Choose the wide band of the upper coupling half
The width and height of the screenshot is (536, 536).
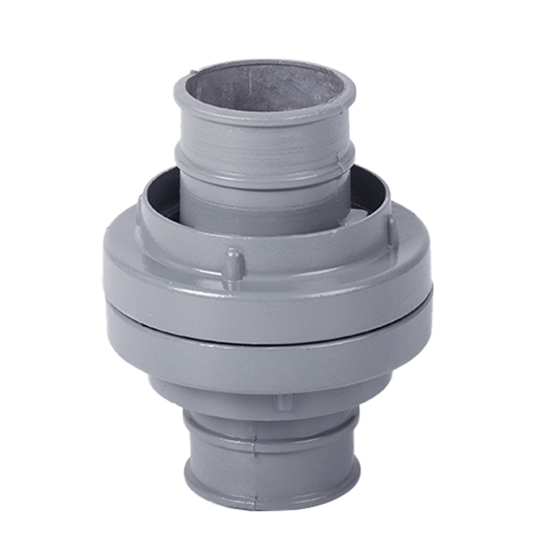tap(268, 288)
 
